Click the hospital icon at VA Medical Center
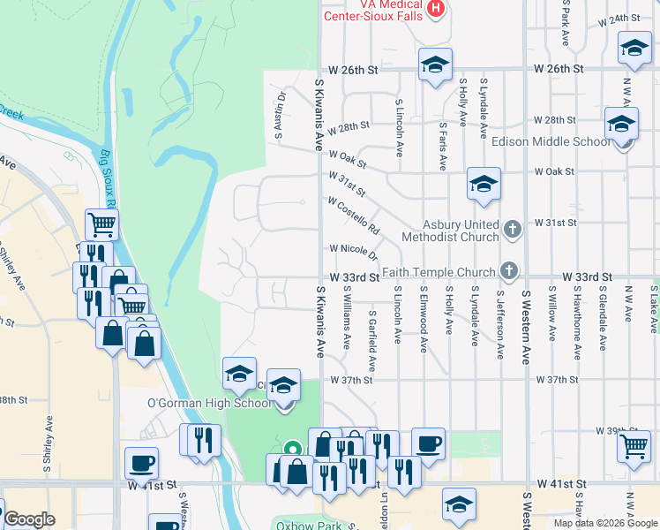(434, 9)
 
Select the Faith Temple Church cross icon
(508, 269)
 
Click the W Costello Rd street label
(353, 217)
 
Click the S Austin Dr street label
(280, 116)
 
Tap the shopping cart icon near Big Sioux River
(102, 225)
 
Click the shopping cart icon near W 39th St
(634, 447)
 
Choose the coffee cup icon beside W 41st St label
(141, 462)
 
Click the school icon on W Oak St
(484, 183)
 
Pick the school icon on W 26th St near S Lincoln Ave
(434, 64)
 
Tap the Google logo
(29, 519)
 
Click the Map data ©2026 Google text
(604, 523)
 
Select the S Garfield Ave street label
(373, 340)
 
